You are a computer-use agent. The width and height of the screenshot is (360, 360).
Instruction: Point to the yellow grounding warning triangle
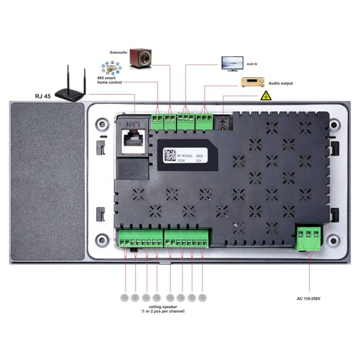(x=266, y=95)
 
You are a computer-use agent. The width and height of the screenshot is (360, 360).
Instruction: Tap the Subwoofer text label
(x=118, y=52)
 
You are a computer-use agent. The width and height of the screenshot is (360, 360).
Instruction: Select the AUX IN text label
(x=252, y=64)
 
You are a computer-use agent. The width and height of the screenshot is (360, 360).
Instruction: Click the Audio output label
(x=281, y=83)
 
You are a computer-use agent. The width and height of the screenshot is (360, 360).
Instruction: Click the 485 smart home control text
(x=109, y=80)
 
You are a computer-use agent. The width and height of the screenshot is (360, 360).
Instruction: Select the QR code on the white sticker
(x=170, y=156)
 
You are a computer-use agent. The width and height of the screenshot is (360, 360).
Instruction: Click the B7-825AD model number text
(x=184, y=154)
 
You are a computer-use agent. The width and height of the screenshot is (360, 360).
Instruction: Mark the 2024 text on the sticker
(x=181, y=160)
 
